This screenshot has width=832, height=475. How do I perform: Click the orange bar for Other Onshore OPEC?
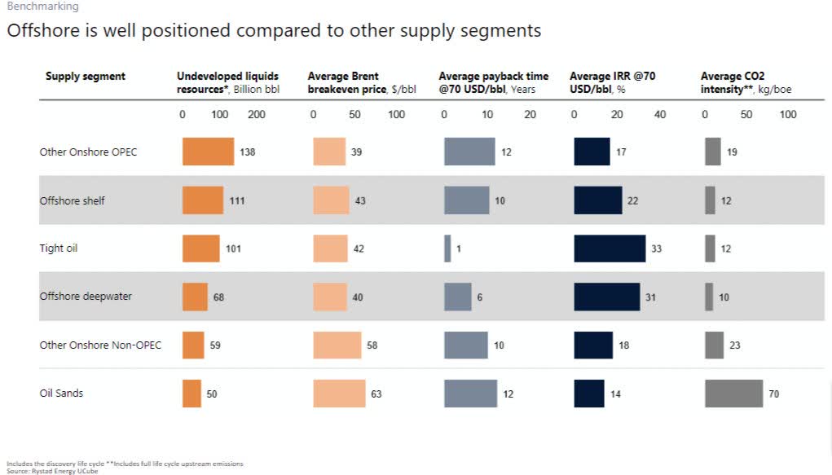coord(208,152)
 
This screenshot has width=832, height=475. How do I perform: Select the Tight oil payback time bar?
coord(447,248)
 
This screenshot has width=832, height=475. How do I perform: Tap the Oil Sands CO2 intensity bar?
coord(733,394)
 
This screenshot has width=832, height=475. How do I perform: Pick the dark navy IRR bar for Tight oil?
coord(610,248)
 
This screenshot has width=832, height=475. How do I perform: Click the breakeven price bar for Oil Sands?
coord(339,394)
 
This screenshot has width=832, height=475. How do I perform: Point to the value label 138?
coord(248,152)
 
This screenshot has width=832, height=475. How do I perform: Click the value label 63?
coord(376,394)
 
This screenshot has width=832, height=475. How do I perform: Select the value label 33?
coord(657,248)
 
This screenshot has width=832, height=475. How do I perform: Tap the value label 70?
coord(774,394)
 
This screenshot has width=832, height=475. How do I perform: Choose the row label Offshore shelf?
coord(73,200)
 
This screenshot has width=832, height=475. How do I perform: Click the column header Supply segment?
coord(86,77)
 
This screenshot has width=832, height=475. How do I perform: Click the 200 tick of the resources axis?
coord(257,115)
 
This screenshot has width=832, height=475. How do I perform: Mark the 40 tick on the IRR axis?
coord(660,115)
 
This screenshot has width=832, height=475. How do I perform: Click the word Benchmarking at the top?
coord(42,7)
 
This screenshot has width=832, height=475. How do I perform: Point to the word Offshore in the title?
coord(38,32)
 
